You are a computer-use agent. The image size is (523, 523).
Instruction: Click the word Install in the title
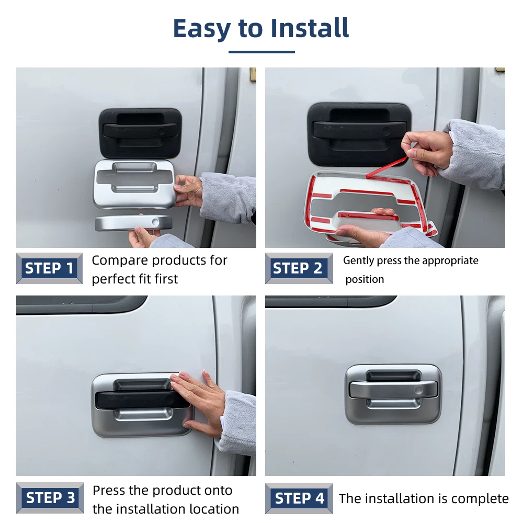point(310,28)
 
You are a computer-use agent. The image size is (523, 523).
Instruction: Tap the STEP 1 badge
point(49,268)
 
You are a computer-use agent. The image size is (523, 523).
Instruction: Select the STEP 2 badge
point(299,268)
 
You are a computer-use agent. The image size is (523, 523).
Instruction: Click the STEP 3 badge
point(50,498)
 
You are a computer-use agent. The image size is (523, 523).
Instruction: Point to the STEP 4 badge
point(299,498)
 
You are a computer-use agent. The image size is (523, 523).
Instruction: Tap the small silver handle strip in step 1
point(133,222)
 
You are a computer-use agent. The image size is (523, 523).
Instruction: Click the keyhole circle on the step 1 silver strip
point(155,222)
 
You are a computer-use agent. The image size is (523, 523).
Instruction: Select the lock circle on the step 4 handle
point(418,390)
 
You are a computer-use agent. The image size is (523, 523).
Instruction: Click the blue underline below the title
point(261,52)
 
